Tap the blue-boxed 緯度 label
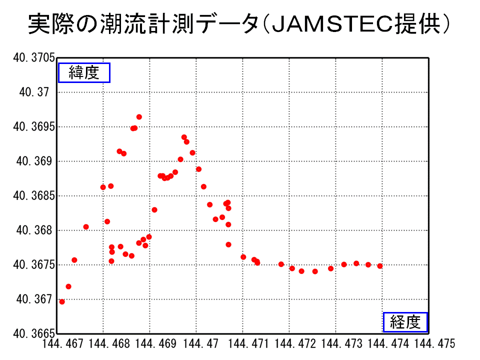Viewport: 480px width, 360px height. [84, 73]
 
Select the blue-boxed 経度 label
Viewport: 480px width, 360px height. [405, 322]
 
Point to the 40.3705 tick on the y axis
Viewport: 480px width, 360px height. [33, 58]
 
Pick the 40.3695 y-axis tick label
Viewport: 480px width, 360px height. [33, 127]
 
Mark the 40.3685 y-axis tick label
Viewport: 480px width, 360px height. [33, 196]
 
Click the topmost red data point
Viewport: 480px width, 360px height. [139, 117]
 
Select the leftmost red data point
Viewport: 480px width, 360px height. [62, 301]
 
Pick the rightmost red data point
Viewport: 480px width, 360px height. [380, 266]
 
